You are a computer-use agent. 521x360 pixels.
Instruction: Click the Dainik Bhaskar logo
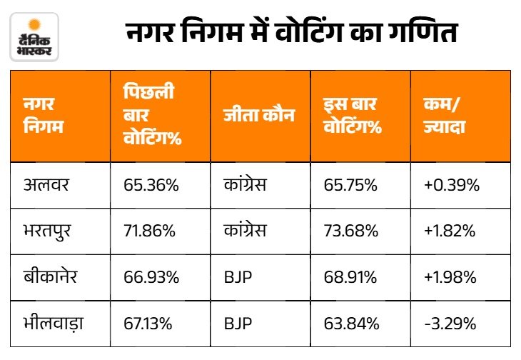[x=34, y=37]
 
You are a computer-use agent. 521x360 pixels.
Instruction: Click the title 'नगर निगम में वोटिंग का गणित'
[x=293, y=32]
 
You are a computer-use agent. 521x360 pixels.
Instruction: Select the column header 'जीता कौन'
[x=259, y=115]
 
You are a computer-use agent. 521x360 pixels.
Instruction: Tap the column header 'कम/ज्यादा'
[x=444, y=115]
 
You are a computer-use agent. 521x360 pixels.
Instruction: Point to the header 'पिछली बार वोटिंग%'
[x=153, y=115]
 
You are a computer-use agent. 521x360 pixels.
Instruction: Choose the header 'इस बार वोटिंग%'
[x=353, y=115]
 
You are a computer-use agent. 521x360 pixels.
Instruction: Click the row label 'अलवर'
[x=46, y=185]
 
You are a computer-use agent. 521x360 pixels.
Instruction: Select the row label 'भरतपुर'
[x=47, y=231]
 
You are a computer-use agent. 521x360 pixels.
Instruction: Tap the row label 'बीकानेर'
[x=50, y=276]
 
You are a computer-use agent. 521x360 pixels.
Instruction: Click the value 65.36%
[x=151, y=185]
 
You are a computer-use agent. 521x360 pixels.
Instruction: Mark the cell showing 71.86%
[x=150, y=231]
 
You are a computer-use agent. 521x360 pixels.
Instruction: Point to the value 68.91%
[x=350, y=277]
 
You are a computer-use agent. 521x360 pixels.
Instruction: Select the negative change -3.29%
[x=450, y=324]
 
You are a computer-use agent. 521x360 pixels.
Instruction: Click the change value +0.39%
[x=452, y=185]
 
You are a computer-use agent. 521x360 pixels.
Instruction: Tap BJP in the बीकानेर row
[x=238, y=277]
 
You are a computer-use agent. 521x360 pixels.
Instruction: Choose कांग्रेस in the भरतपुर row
[x=245, y=231]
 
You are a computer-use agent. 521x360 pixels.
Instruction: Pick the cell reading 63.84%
[x=352, y=324]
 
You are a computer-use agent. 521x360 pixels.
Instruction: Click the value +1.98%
[x=450, y=277]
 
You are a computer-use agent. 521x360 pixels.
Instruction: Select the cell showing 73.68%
[x=351, y=231]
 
